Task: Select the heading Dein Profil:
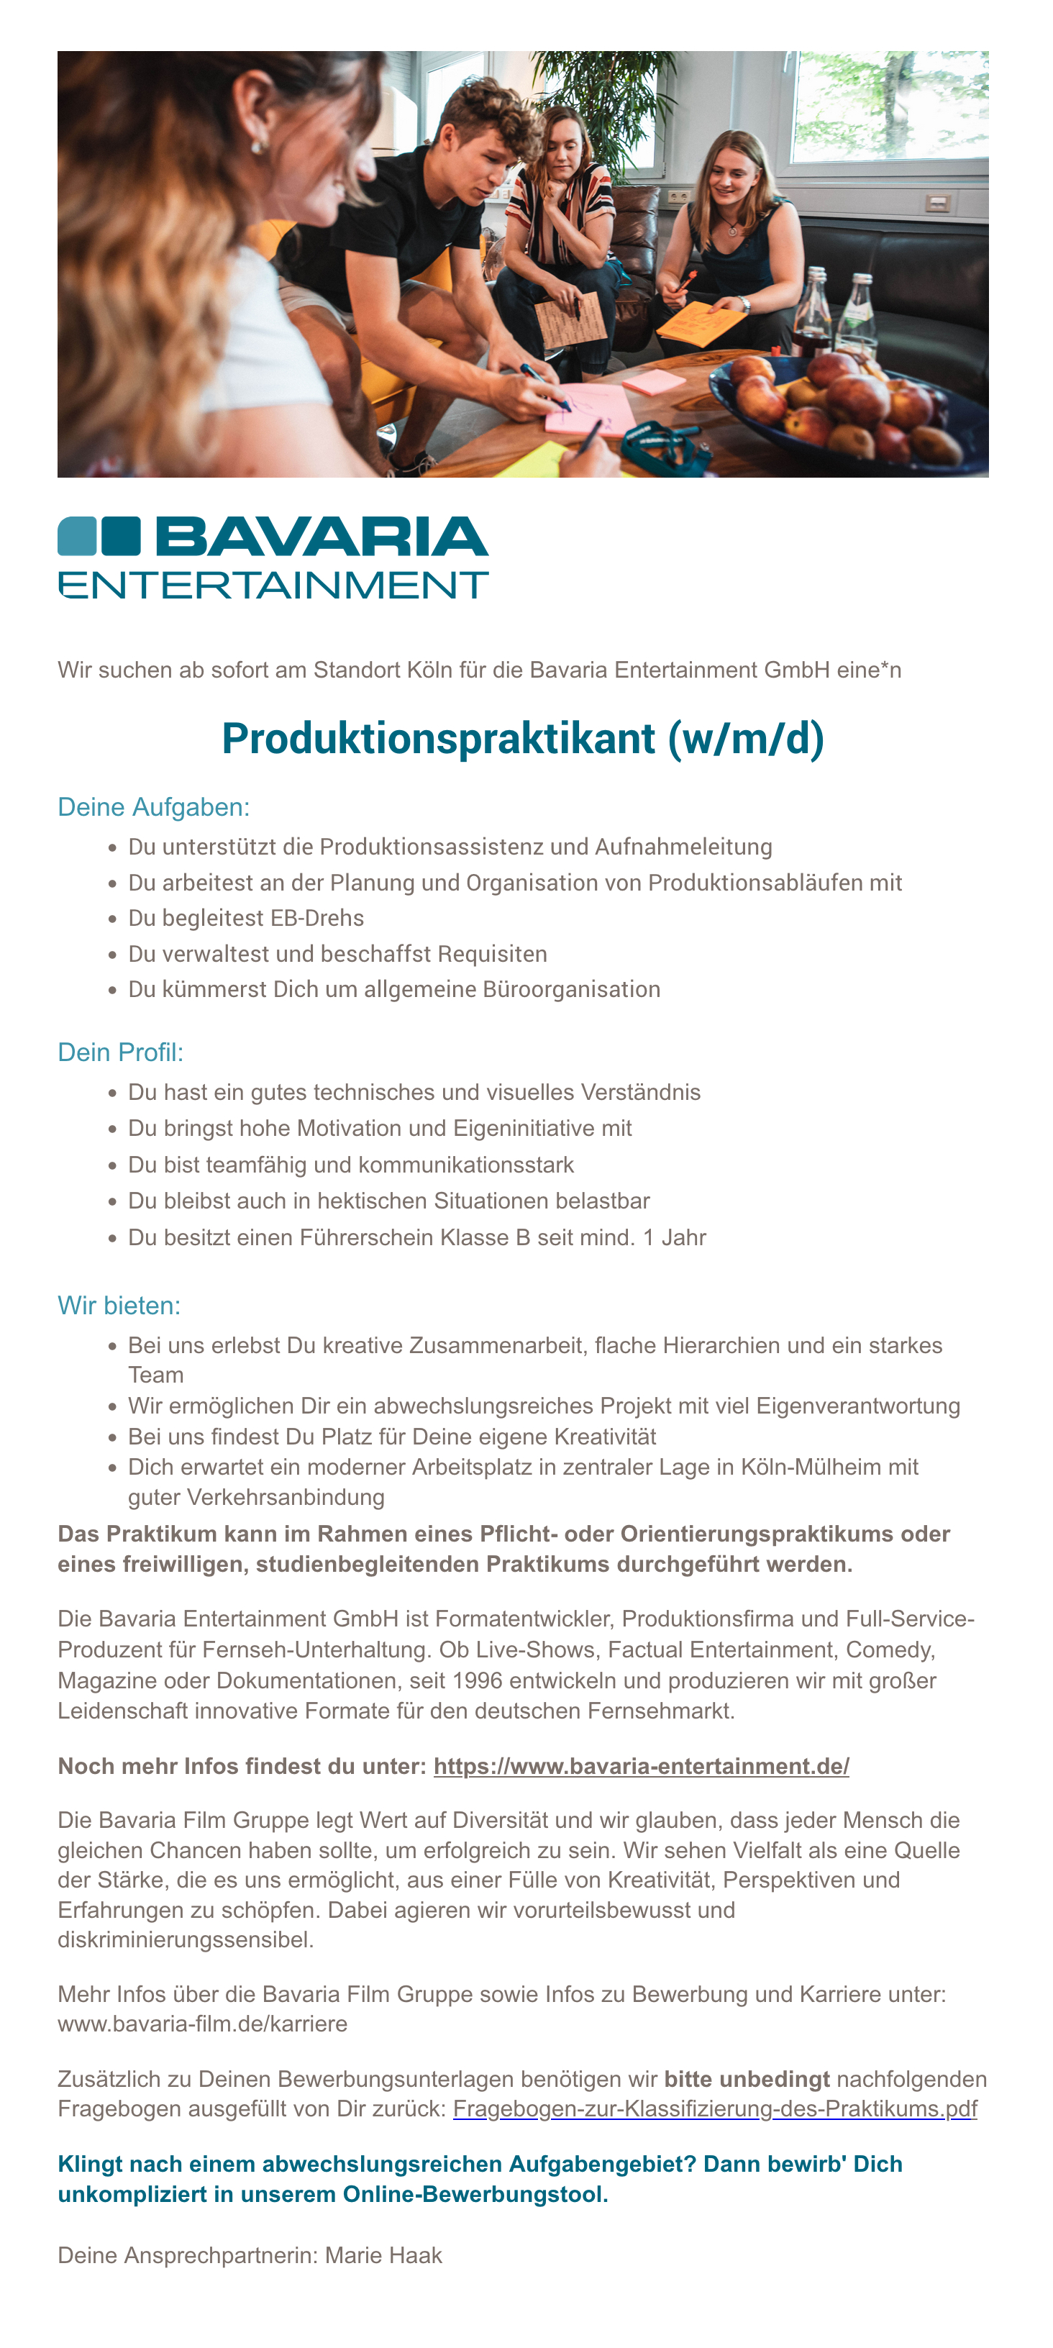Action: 120,1052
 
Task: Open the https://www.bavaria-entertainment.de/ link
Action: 641,1767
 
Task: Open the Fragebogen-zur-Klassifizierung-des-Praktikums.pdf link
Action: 715,2109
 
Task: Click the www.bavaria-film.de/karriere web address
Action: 202,2024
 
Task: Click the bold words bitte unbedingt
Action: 747,2079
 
